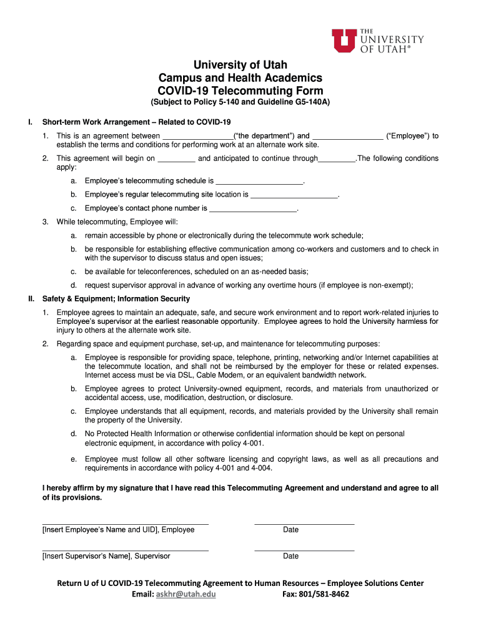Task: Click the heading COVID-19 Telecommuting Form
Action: [x=240, y=90]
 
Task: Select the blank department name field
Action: [x=197, y=136]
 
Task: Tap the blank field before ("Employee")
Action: [x=347, y=136]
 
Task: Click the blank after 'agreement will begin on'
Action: [x=176, y=159]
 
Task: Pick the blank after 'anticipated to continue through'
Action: [x=337, y=159]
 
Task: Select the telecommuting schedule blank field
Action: [x=259, y=181]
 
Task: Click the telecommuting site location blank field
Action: [x=294, y=195]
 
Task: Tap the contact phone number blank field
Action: [x=253, y=208]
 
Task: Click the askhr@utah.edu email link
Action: [x=186, y=594]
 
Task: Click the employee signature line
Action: [x=125, y=523]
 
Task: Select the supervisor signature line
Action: [x=125, y=550]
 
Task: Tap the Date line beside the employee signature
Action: [x=304, y=523]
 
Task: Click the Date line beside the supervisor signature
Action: [x=304, y=550]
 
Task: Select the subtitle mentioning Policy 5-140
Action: [x=240, y=102]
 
